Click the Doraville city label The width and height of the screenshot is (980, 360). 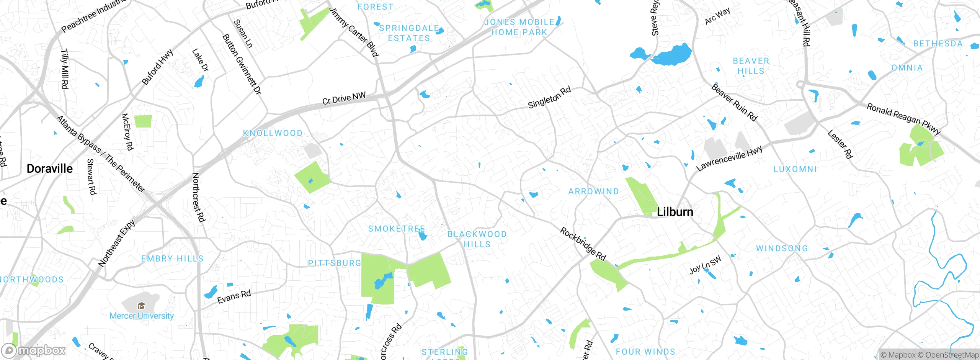tap(50, 169)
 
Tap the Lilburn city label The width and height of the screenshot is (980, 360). tap(675, 212)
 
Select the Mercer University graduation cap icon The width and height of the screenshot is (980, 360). tap(141, 306)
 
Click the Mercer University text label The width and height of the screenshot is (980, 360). tap(142, 316)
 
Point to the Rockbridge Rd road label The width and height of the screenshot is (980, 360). tap(583, 244)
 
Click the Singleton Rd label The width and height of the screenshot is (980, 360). tap(549, 97)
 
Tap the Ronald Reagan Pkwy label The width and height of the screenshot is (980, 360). tap(903, 119)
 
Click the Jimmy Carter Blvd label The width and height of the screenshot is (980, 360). tap(354, 31)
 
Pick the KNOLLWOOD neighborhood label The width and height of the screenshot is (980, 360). tap(273, 133)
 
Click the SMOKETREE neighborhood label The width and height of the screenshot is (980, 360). tap(397, 229)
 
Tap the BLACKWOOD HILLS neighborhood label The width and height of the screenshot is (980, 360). tap(477, 239)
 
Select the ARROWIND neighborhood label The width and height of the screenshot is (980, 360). tap(593, 191)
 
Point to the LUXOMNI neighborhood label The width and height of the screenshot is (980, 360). tap(795, 169)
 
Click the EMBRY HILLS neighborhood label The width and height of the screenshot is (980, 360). tap(172, 259)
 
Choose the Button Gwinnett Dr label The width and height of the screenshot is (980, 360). tap(242, 64)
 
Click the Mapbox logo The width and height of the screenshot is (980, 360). tap(34, 350)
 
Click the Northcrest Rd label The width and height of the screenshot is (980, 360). tap(198, 197)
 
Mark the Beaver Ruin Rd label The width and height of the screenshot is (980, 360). tap(734, 102)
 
